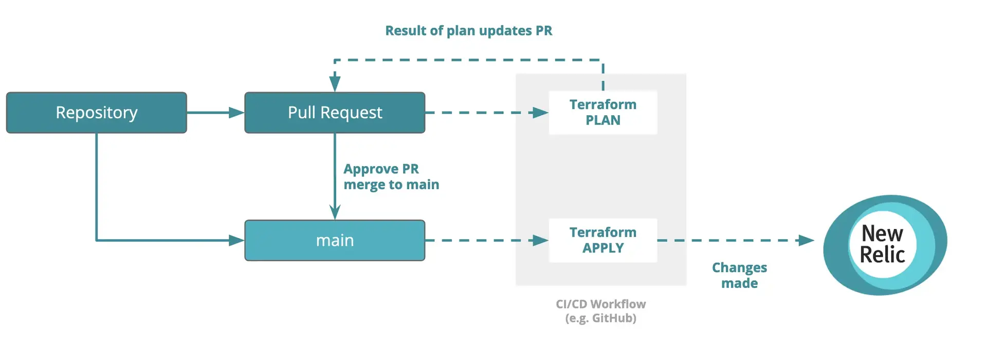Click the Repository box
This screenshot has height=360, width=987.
click(x=96, y=113)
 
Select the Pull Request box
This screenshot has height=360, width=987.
click(x=335, y=113)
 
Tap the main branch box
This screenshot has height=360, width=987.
click(x=335, y=240)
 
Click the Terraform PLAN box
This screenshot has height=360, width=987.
click(x=602, y=113)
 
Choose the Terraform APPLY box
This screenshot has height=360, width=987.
click(x=602, y=240)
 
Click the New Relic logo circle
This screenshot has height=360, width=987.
click(x=884, y=245)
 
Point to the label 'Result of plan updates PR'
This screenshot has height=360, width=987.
click(x=468, y=31)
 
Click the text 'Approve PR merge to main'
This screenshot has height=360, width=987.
click(x=391, y=176)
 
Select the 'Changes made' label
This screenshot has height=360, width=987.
click(x=739, y=275)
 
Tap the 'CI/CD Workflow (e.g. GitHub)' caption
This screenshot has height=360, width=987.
click(x=600, y=311)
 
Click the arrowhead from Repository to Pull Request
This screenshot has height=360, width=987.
click(x=237, y=113)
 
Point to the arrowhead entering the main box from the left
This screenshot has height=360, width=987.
click(x=237, y=240)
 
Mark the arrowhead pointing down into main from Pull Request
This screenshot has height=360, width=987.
click(x=335, y=212)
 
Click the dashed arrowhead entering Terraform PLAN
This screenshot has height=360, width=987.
click(x=540, y=113)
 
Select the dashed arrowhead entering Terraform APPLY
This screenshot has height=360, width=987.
click(x=540, y=240)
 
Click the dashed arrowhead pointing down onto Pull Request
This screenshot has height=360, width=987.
click(x=335, y=84)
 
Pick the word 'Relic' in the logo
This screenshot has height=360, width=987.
click(x=882, y=255)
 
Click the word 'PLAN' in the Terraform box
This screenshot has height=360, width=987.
click(x=602, y=120)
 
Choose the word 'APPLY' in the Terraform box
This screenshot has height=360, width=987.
click(x=602, y=248)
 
